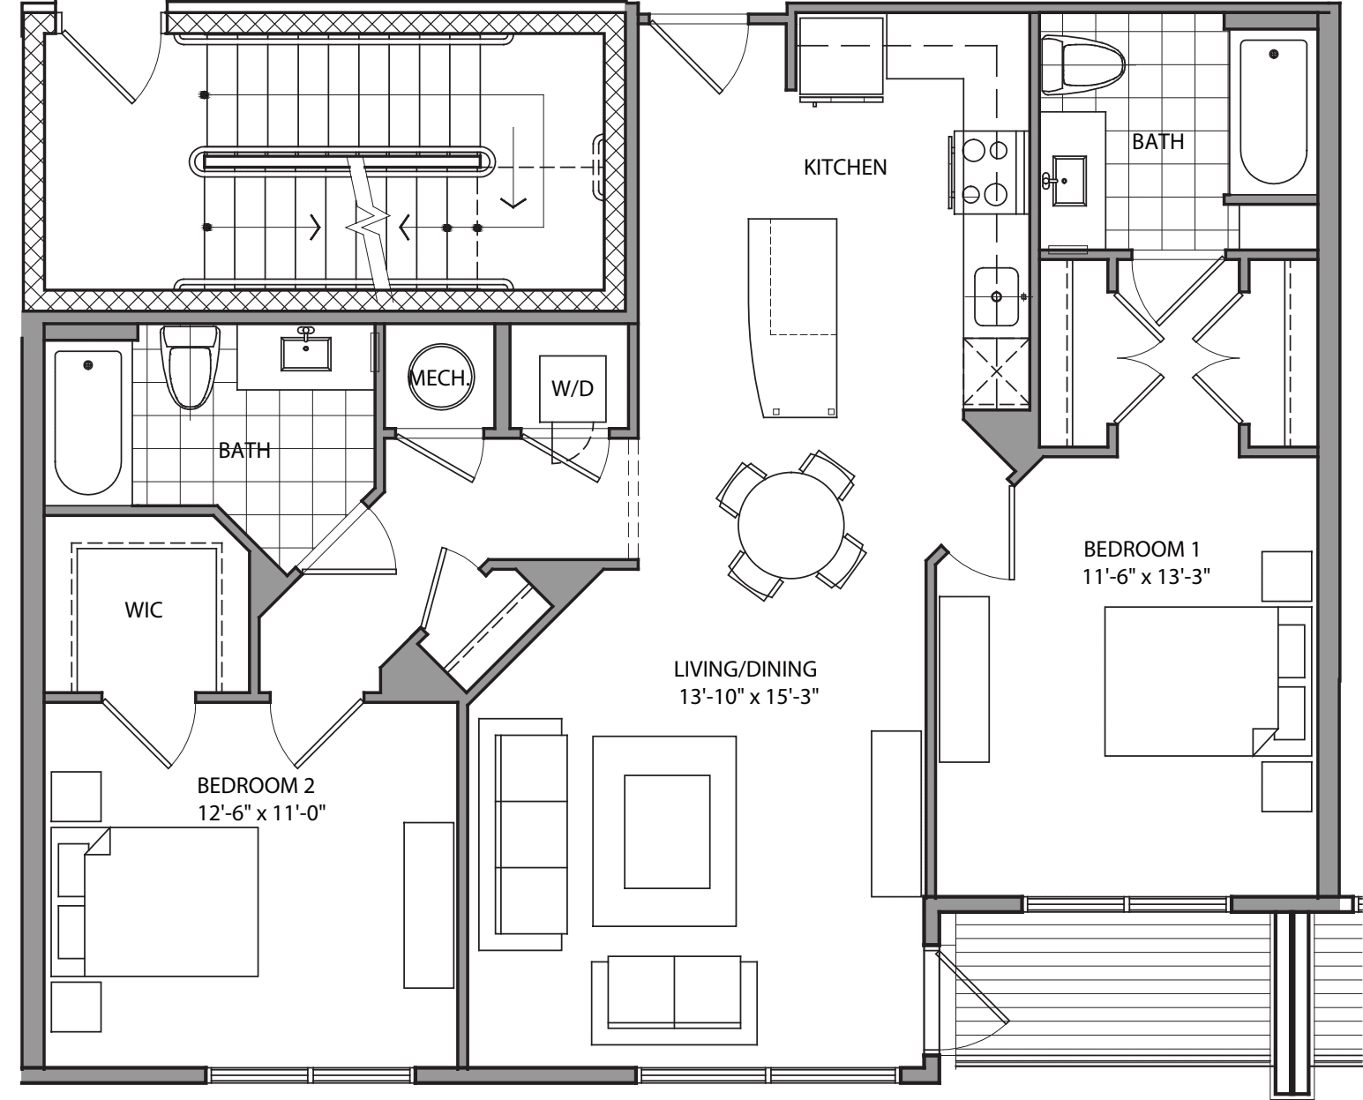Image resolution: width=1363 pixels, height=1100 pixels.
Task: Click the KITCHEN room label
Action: (x=844, y=167)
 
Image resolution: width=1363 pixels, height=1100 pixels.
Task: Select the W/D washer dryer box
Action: (x=573, y=388)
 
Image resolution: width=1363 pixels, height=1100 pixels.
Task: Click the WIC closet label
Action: (x=145, y=610)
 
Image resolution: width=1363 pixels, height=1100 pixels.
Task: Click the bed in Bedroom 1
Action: (x=1191, y=681)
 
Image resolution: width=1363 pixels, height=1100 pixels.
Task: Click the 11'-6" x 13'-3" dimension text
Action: (x=1145, y=576)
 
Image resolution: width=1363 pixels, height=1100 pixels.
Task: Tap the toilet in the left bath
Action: (x=190, y=367)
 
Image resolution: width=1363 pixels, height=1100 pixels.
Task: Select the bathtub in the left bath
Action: (x=87, y=422)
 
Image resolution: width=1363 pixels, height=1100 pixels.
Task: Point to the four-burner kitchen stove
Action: (x=987, y=172)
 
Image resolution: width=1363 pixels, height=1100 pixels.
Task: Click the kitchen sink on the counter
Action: (x=996, y=296)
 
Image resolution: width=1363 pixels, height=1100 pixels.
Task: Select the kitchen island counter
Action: (x=792, y=318)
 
